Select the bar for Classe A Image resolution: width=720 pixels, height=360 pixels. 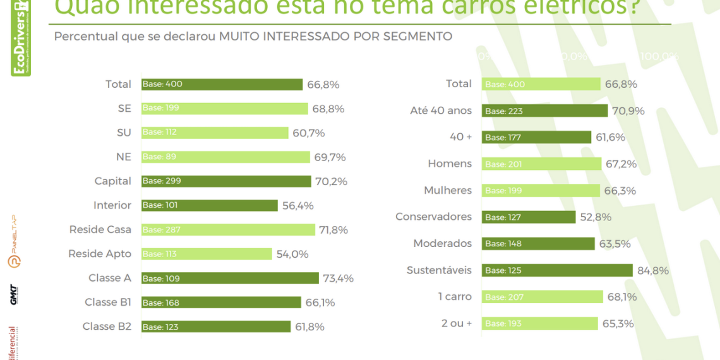(230, 278)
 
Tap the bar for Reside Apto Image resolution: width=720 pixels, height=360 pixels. (207, 254)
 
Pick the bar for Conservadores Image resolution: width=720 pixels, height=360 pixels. (529, 217)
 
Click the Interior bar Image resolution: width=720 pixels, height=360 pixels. (209, 205)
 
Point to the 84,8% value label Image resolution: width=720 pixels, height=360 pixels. (653, 271)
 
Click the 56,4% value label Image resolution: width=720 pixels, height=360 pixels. (298, 206)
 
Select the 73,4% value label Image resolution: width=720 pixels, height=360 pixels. (338, 279)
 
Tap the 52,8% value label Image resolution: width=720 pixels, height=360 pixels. (596, 217)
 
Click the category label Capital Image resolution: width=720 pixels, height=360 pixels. (113, 181)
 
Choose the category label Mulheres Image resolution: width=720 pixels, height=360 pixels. (448, 190)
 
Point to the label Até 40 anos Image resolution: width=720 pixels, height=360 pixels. (441, 111)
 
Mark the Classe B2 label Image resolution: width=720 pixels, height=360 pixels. (107, 327)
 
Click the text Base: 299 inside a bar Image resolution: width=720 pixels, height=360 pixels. (162, 181)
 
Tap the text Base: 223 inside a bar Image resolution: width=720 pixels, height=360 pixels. (504, 111)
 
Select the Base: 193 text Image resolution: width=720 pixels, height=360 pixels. (504, 324)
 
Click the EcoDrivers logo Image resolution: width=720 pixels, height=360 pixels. (21, 38)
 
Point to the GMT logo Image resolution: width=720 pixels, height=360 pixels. (13, 295)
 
